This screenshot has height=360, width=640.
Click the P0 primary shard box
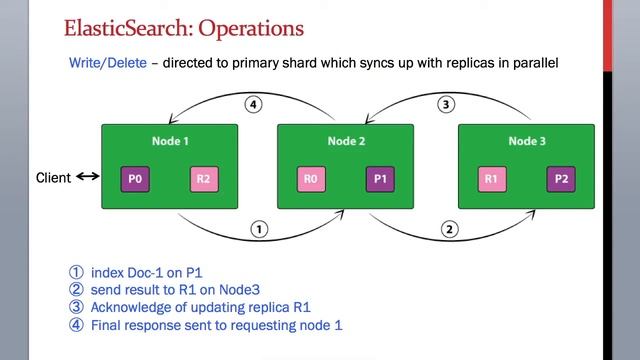pyautogui.click(x=136, y=180)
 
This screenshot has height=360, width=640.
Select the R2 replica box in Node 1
pyautogui.click(x=204, y=180)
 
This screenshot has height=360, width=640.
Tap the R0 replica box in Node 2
pyautogui.click(x=311, y=180)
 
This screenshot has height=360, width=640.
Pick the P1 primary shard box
pyautogui.click(x=380, y=180)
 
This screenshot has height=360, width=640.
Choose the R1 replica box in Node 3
pyautogui.click(x=491, y=180)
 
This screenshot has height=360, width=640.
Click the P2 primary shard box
pyautogui.click(x=560, y=180)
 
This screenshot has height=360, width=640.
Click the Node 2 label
pyautogui.click(x=346, y=141)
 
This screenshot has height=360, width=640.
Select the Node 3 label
pyautogui.click(x=526, y=141)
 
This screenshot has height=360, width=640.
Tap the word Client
pyautogui.click(x=53, y=178)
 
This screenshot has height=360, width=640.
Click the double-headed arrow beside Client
pyautogui.click(x=88, y=178)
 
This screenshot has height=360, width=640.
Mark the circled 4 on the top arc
pyautogui.click(x=253, y=104)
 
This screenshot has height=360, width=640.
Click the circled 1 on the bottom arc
pyautogui.click(x=259, y=229)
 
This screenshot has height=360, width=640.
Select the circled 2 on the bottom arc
pyautogui.click(x=450, y=229)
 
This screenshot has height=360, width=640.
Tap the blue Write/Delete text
pyautogui.click(x=107, y=63)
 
